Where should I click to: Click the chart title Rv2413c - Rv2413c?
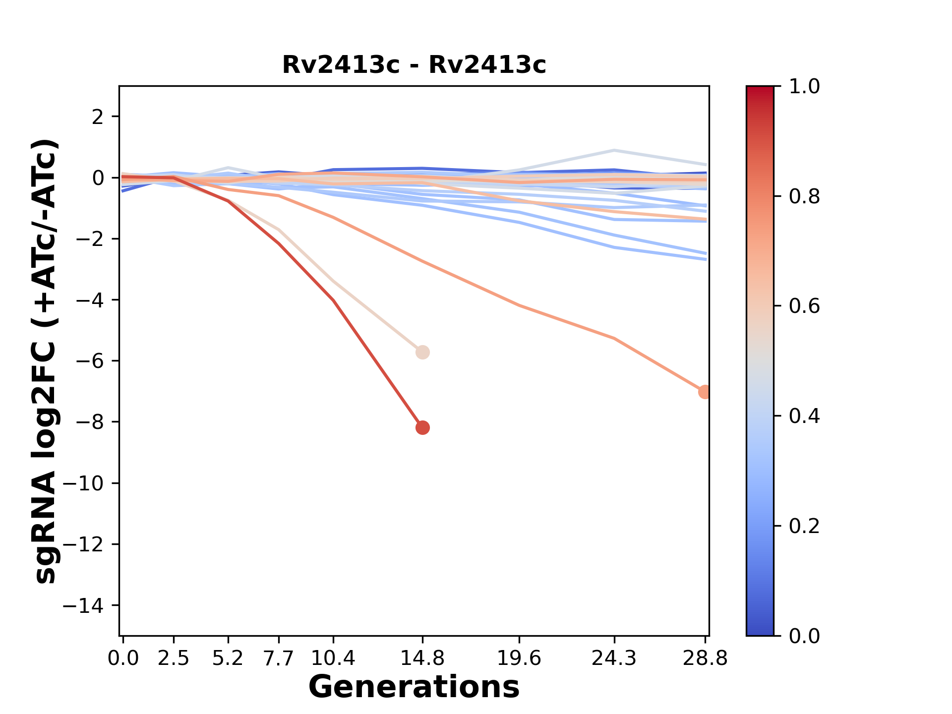[x=414, y=65]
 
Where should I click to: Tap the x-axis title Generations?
[x=414, y=687]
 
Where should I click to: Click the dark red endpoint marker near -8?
[x=422, y=427]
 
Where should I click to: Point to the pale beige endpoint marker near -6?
[x=422, y=353]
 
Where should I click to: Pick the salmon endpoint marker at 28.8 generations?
[x=704, y=392]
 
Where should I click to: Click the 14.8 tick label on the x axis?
[x=422, y=658]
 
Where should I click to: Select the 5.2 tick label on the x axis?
[x=228, y=658]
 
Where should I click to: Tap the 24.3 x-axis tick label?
[x=614, y=658]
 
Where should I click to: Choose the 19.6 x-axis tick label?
[x=519, y=658]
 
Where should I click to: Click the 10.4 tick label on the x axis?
[x=333, y=658]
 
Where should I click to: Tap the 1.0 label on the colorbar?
[x=804, y=87]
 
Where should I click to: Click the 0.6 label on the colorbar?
[x=804, y=306]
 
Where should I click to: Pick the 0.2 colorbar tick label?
[x=804, y=526]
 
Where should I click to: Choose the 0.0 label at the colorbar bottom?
[x=804, y=636]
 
